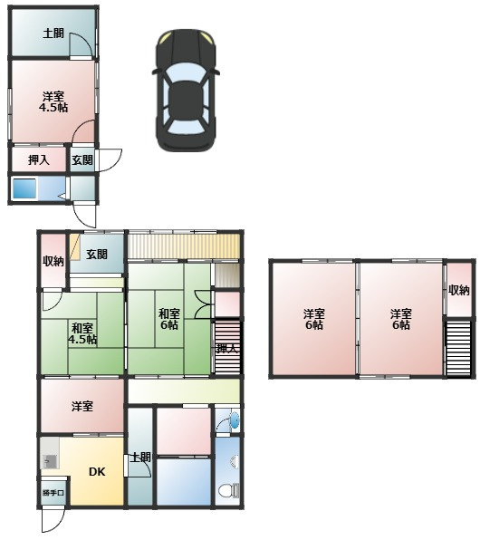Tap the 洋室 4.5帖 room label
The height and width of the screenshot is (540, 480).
click(53, 102)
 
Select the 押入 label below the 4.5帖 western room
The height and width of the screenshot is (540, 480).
click(39, 159)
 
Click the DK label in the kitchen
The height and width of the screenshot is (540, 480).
click(97, 471)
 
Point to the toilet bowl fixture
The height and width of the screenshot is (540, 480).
click(226, 490)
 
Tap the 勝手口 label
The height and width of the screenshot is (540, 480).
click(53, 493)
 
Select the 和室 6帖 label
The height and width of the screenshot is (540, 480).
click(169, 319)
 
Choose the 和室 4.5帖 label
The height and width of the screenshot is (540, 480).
click(82, 333)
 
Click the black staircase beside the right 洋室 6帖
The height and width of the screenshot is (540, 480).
click(458, 348)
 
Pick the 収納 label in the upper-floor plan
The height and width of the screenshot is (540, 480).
click(458, 290)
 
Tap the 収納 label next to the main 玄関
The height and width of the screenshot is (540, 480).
click(53, 261)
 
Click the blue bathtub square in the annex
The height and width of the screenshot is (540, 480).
click(24, 188)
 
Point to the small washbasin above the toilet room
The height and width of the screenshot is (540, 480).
click(235, 419)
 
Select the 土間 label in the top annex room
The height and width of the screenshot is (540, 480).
click(53, 34)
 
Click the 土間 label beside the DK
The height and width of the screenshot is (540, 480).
click(141, 458)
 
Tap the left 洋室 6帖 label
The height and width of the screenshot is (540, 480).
click(313, 319)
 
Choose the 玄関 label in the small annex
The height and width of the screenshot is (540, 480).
click(82, 159)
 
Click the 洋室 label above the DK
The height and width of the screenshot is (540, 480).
click(82, 406)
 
